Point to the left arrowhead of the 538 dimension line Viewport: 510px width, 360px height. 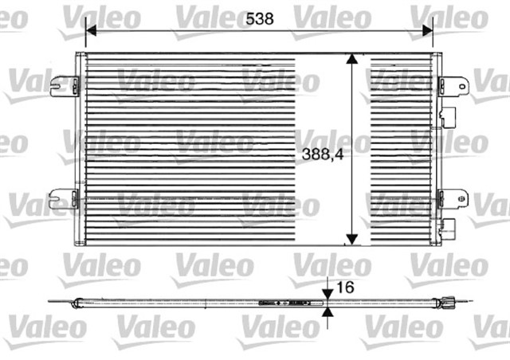[89, 29]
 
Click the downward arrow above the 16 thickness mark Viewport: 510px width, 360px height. [328, 292]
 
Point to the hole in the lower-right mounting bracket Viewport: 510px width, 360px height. [459, 198]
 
